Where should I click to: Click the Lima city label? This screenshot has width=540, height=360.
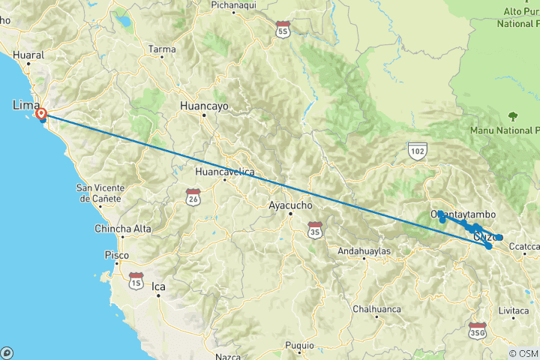[25, 106]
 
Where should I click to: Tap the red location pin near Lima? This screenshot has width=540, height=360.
[41, 115]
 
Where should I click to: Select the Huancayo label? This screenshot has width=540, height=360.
[204, 106]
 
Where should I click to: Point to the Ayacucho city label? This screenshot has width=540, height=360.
[290, 204]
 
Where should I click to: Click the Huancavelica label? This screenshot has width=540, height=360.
[224, 172]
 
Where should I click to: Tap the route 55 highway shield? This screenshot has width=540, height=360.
[282, 31]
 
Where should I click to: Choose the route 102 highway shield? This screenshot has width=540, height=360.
[418, 151]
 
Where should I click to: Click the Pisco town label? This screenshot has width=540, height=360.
[116, 256]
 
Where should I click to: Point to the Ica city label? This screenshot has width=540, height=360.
[157, 286]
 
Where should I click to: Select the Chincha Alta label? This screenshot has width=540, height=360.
[123, 229]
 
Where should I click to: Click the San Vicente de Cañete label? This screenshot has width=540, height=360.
[106, 192]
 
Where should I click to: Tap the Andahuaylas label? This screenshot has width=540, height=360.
[364, 250]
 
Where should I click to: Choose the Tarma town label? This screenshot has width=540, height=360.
[162, 49]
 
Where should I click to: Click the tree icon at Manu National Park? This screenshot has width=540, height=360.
[513, 116]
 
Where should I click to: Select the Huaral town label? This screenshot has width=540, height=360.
[30, 55]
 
